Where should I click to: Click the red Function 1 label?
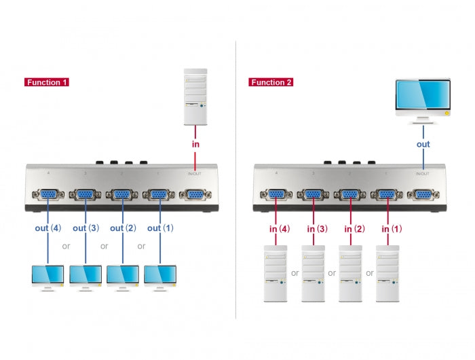coord(47,82)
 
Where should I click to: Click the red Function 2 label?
coord(271,82)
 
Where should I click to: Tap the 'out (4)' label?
coord(48,228)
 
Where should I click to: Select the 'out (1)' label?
coord(161,228)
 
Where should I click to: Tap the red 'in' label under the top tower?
coord(195,144)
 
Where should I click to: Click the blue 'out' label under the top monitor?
coord(423,144)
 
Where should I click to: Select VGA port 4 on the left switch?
coord(48,195)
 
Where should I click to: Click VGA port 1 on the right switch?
coord(387,195)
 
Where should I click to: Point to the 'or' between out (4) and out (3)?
coord(66,246)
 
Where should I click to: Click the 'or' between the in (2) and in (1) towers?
coord(369,273)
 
